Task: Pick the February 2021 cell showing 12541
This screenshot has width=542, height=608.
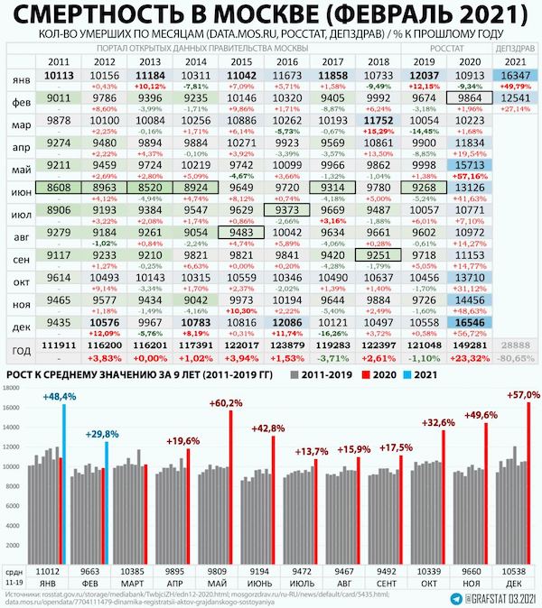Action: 512,97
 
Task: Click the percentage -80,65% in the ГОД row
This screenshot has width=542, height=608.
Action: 512,359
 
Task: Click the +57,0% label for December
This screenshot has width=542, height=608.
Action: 524,395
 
